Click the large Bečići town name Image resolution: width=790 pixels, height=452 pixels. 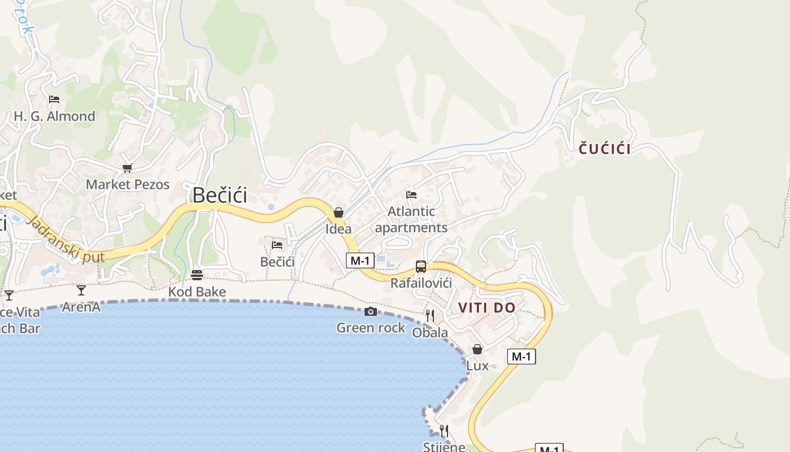pyautogui.click(x=220, y=195)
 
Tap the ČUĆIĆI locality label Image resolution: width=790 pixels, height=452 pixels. pyautogui.click(x=605, y=149)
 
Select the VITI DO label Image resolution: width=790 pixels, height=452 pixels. pyautogui.click(x=487, y=308)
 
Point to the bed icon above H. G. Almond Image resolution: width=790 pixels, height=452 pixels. pyautogui.click(x=54, y=99)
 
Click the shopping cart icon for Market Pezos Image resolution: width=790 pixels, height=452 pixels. pyautogui.click(x=128, y=168)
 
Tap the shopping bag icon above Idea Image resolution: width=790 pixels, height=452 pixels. pyautogui.click(x=339, y=212)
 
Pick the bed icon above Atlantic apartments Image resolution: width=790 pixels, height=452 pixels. pyautogui.click(x=411, y=195)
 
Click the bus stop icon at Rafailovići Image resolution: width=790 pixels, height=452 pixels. pyautogui.click(x=421, y=267)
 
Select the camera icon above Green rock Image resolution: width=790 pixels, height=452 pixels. pyautogui.click(x=371, y=312)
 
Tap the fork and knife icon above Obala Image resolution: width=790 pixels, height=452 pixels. pyautogui.click(x=430, y=315)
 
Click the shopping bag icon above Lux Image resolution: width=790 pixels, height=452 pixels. pyautogui.click(x=477, y=349)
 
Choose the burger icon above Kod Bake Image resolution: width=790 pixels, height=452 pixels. pyautogui.click(x=197, y=275)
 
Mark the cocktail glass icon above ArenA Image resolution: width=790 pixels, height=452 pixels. pyautogui.click(x=81, y=290)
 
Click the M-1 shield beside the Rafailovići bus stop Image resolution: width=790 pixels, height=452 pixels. pyautogui.click(x=360, y=260)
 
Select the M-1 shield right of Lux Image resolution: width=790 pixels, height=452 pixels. pyautogui.click(x=521, y=357)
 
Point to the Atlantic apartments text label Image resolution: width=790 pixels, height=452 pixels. pyautogui.click(x=411, y=220)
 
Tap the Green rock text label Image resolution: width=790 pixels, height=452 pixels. pyautogui.click(x=371, y=328)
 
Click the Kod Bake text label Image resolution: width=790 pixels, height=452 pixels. pyautogui.click(x=197, y=292)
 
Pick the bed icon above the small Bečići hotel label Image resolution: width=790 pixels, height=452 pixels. pyautogui.click(x=277, y=245)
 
